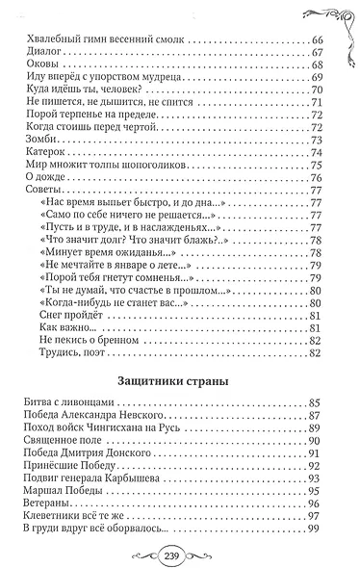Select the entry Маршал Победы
click(61, 489)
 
